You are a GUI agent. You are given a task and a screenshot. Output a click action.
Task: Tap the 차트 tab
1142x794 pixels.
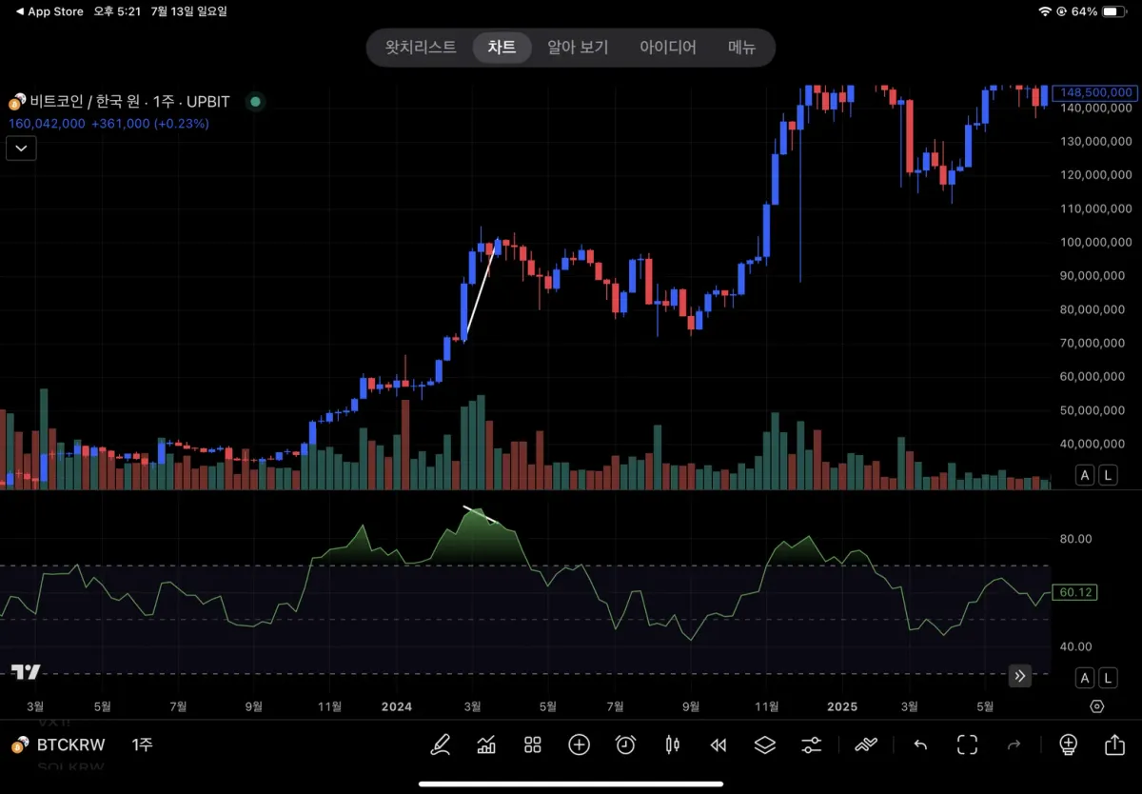tap(502, 47)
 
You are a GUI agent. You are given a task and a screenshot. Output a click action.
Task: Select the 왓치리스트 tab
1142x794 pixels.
tap(421, 47)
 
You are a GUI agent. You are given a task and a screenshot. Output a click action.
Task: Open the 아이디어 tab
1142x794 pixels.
tap(668, 47)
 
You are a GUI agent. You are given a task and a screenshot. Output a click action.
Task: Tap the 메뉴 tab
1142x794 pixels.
tap(742, 47)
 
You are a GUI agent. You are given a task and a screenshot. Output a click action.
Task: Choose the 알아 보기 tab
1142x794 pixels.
tap(578, 47)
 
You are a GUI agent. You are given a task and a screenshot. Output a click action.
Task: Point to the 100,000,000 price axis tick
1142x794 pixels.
tap(1095, 242)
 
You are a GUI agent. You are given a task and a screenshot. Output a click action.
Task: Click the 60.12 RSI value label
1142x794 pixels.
tap(1075, 592)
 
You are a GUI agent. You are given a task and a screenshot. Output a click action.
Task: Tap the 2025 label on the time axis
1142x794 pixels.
tap(841, 706)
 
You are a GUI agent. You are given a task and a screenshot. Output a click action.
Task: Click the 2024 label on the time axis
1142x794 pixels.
tap(396, 706)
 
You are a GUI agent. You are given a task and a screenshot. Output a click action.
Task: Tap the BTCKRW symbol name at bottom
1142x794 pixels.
tap(70, 744)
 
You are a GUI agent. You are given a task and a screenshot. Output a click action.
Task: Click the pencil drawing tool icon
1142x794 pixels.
tap(440, 744)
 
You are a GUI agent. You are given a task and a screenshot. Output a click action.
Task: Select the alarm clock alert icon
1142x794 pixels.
tap(625, 744)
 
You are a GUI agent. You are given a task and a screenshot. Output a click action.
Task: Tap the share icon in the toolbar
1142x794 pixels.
tap(1114, 744)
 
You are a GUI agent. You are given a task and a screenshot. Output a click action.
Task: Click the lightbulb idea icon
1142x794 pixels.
tap(1068, 744)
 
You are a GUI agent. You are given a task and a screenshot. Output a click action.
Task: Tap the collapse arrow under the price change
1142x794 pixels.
tap(21, 148)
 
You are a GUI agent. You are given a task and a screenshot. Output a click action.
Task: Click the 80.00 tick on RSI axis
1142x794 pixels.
tap(1075, 539)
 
